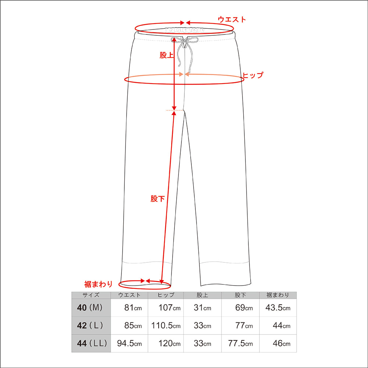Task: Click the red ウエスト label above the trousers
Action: click(232, 19)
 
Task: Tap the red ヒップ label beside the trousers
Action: click(253, 75)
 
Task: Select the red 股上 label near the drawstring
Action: click(166, 55)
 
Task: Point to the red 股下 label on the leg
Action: click(158, 199)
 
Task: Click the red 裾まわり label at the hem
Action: click(99, 284)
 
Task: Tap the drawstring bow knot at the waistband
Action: click(185, 40)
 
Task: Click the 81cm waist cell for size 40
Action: click(133, 307)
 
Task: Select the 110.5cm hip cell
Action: click(166, 326)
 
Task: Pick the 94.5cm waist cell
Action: click(129, 343)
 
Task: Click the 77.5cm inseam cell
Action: click(240, 343)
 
